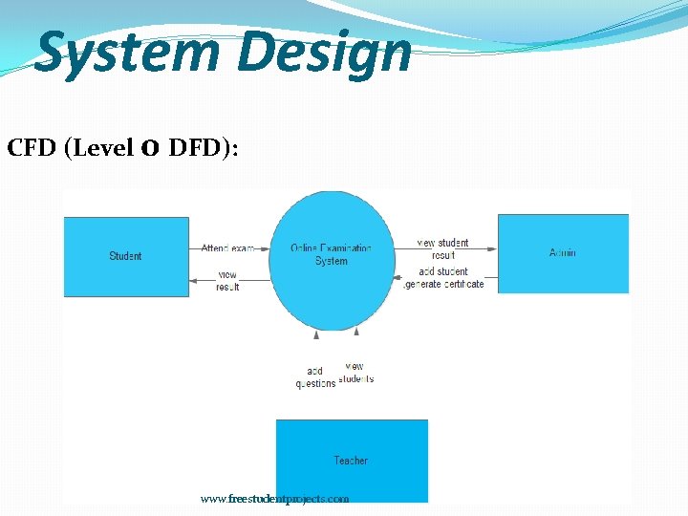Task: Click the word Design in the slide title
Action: click(x=324, y=53)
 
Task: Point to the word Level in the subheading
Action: click(x=101, y=149)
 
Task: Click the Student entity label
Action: click(x=125, y=256)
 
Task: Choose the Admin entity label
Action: click(x=563, y=253)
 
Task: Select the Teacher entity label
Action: click(x=351, y=461)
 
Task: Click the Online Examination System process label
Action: click(x=332, y=254)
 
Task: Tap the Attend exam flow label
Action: click(x=227, y=248)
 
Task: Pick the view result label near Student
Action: click(x=227, y=281)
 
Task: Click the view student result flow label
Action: click(x=442, y=248)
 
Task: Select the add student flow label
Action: click(x=443, y=271)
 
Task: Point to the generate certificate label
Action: click(x=444, y=284)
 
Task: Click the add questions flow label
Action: click(x=315, y=377)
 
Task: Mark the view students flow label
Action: click(x=355, y=373)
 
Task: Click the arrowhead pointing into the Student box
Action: click(x=194, y=279)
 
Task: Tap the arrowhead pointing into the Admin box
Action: click(x=492, y=249)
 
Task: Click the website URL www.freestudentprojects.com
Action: click(x=275, y=499)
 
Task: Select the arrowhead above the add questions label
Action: click(x=316, y=334)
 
